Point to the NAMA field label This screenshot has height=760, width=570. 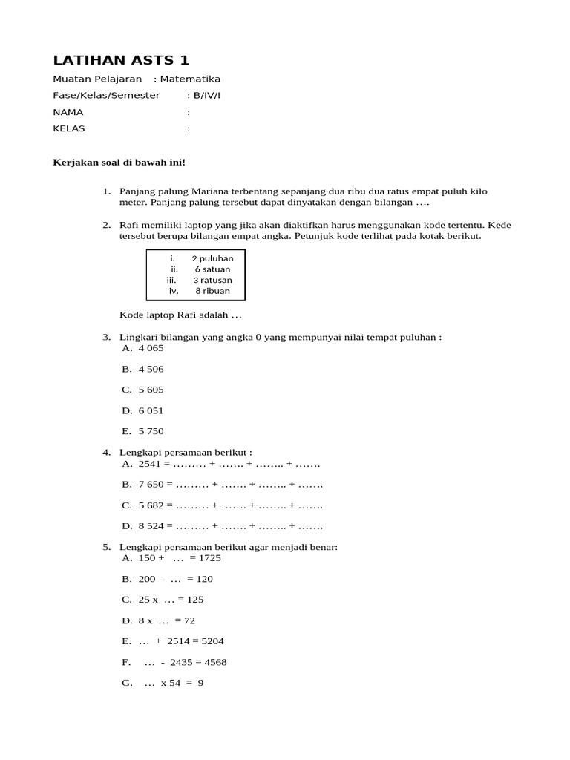(68, 112)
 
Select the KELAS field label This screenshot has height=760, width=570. (69, 128)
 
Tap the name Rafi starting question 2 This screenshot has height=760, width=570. (130, 225)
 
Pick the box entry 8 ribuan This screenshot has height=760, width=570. (212, 291)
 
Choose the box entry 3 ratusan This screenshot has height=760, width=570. (212, 280)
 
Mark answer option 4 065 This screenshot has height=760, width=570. (151, 348)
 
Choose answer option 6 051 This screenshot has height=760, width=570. (151, 410)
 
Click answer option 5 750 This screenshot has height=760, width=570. (151, 431)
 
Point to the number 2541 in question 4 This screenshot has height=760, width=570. (149, 464)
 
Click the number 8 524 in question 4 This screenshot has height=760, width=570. (151, 526)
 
